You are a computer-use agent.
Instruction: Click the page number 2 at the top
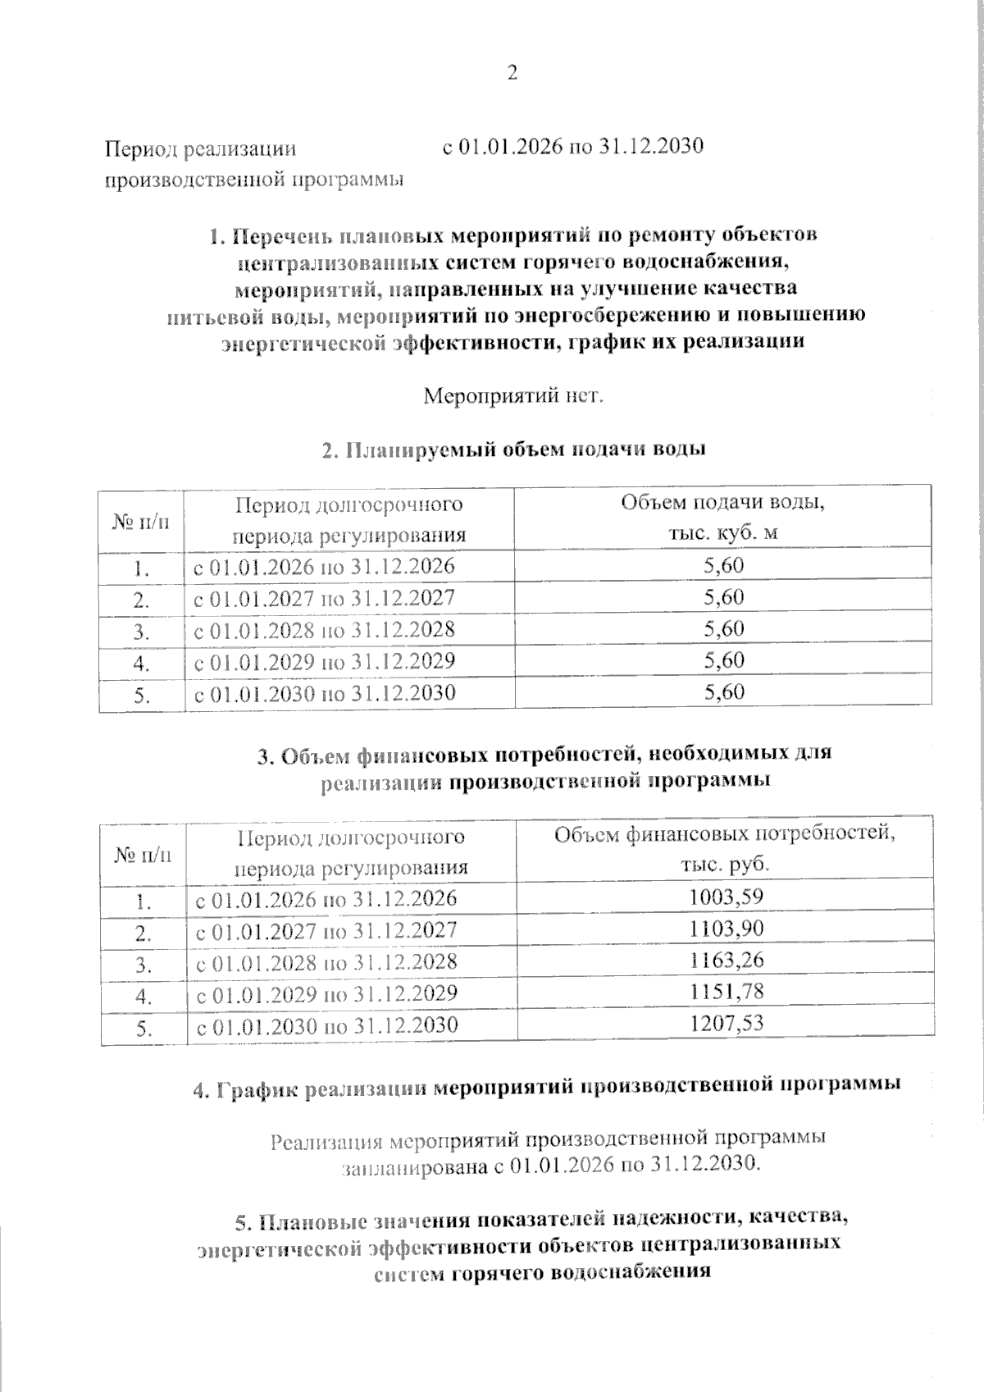point(512,74)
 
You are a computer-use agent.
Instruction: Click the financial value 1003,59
point(726,897)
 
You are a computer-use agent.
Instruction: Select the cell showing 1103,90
point(726,929)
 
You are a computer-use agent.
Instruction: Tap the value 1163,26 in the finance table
point(726,960)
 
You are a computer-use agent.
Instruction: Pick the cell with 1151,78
point(726,992)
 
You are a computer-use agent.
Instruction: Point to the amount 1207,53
point(726,1024)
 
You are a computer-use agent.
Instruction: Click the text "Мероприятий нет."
point(513,396)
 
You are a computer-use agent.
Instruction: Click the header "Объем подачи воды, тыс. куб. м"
point(722,517)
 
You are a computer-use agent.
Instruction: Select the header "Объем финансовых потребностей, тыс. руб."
point(724,850)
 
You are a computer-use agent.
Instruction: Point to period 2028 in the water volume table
point(324,629)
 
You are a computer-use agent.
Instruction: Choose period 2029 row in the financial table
point(326,994)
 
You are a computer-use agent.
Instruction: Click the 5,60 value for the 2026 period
point(724,566)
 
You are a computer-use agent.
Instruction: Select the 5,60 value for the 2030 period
point(724,692)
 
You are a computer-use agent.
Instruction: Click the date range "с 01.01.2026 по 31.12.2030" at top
point(573,148)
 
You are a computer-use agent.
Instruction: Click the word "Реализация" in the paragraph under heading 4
point(326,1139)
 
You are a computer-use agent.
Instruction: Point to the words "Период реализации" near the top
point(199,149)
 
